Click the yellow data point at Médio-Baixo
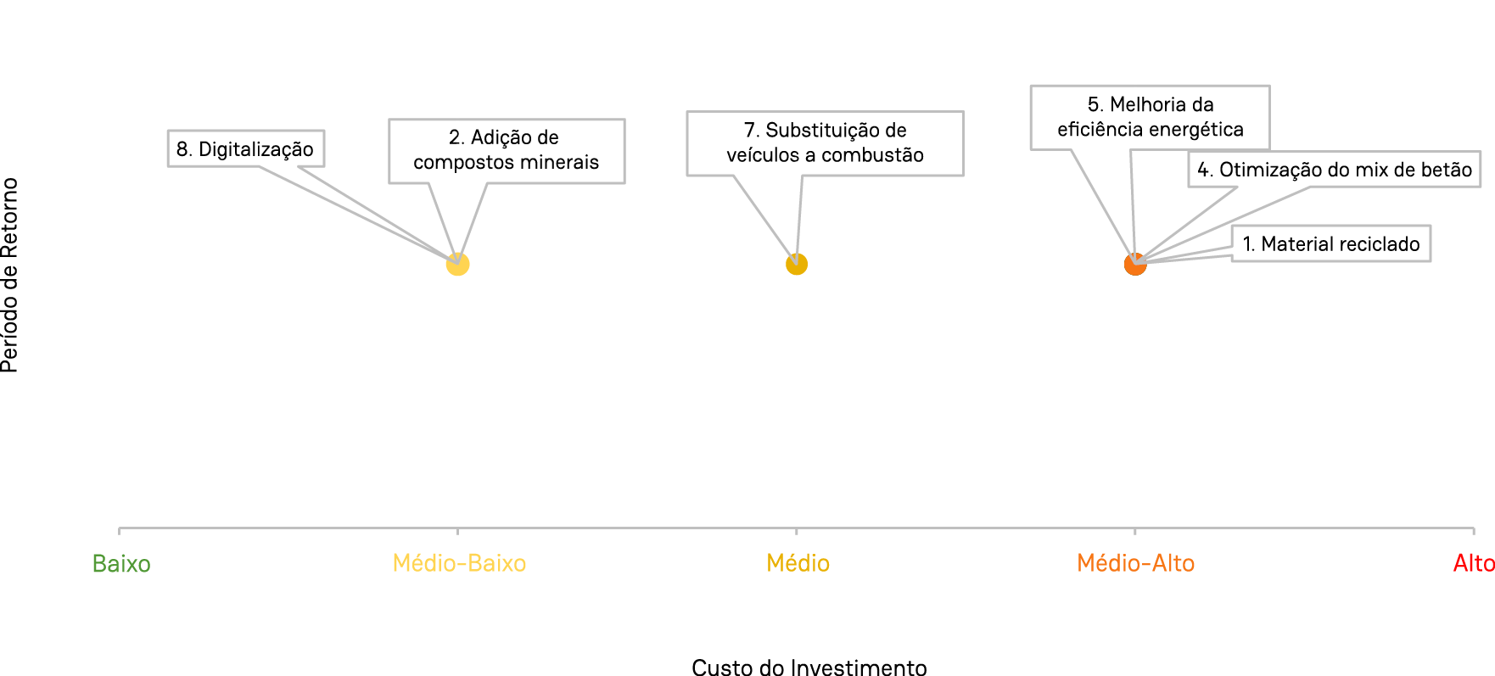(457, 265)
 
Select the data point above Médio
(796, 265)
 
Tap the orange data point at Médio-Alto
(1134, 265)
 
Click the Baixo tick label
(121, 564)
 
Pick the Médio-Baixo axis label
(459, 563)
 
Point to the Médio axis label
(798, 563)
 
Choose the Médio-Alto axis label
(1135, 563)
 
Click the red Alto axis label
(1473, 563)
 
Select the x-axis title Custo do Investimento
(809, 667)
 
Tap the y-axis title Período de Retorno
(10, 275)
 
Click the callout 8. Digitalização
(245, 149)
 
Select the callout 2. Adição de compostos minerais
(506, 150)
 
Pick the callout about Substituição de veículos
(825, 142)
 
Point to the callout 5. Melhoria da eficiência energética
(1150, 117)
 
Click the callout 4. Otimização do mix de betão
(1334, 170)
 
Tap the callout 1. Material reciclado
(1330, 244)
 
